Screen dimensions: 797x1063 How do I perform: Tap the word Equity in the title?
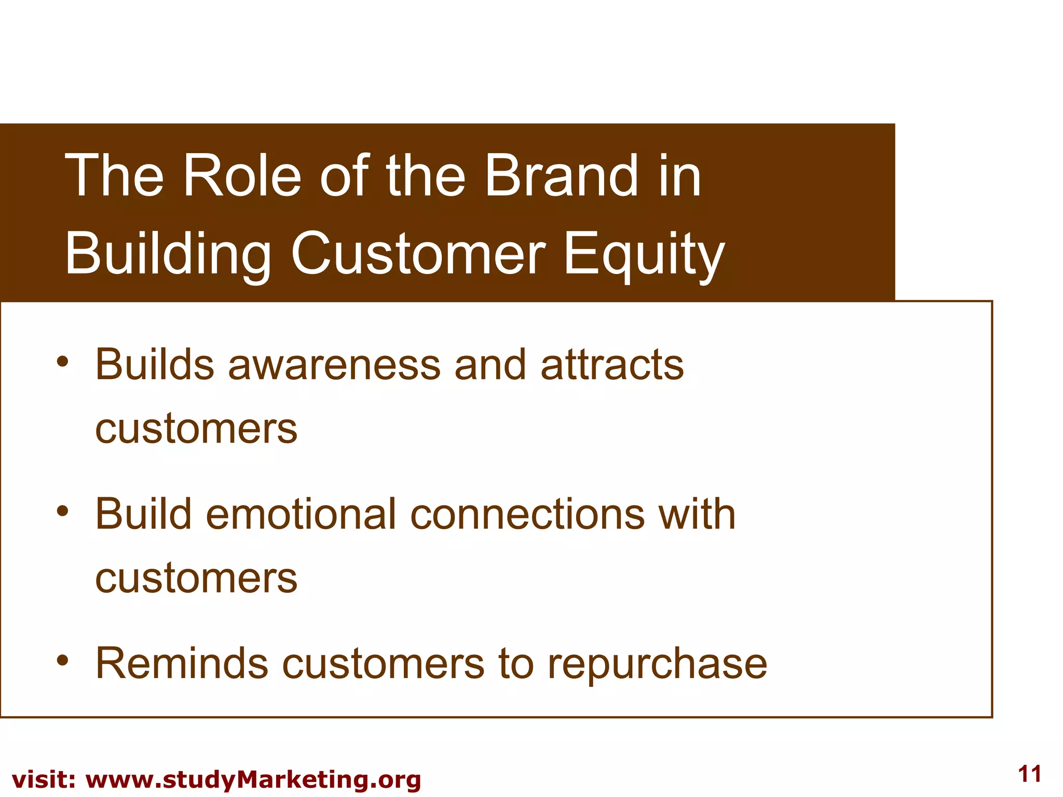coord(644,254)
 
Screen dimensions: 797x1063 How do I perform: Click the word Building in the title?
coord(167,254)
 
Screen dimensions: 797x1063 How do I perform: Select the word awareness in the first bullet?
coord(334,365)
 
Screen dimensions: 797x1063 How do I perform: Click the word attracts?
coord(612,365)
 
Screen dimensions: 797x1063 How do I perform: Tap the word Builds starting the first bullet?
coord(155,365)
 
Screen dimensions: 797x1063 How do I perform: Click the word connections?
coord(527,514)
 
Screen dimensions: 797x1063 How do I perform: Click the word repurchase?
coord(657,664)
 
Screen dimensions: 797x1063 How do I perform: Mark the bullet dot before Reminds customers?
coord(63,661)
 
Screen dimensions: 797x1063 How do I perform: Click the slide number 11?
coord(1029,774)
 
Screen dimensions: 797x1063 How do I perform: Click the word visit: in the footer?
coord(44,780)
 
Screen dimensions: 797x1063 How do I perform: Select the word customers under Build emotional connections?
coord(196,579)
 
